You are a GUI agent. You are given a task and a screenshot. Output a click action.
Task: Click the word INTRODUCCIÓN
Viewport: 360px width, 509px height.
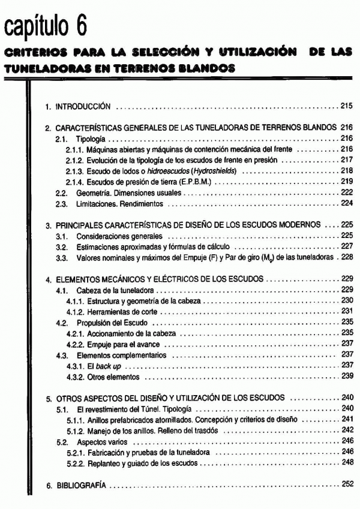[x=83, y=106]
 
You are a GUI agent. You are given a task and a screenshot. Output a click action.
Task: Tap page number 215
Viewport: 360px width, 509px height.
[x=345, y=106]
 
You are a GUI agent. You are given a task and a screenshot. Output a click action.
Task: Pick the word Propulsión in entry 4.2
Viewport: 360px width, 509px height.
[x=88, y=323]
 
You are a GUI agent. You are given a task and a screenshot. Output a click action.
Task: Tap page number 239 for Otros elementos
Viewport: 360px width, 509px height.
[x=345, y=377]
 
